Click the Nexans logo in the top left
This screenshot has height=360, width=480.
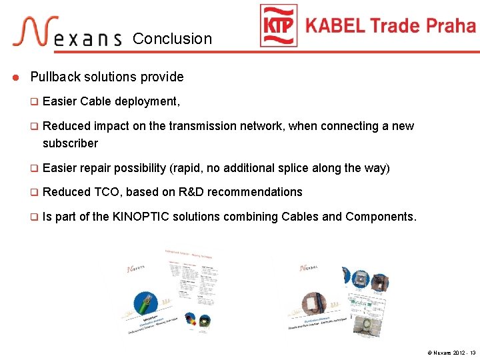click(67, 33)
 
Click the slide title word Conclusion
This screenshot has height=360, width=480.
click(172, 39)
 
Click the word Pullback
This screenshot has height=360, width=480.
click(55, 77)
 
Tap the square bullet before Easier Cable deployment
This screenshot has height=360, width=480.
click(35, 101)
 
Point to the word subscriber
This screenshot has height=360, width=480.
click(70, 143)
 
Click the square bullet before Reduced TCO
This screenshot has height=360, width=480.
click(35, 192)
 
